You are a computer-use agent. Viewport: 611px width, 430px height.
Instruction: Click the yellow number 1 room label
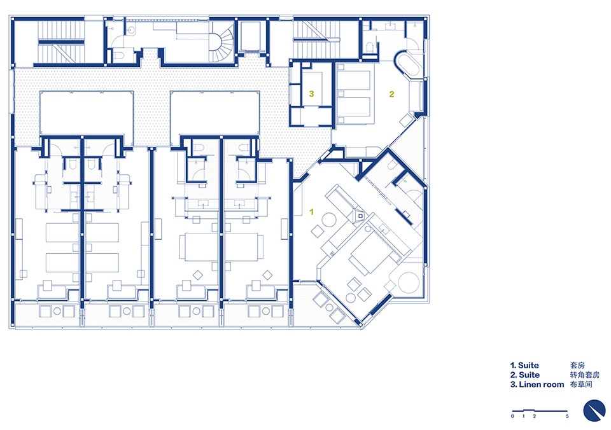[311, 212]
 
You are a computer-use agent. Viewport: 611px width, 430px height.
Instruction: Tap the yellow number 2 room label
[391, 94]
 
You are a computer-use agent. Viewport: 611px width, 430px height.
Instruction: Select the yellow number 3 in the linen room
[311, 94]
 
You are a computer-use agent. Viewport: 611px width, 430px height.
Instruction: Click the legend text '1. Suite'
[524, 365]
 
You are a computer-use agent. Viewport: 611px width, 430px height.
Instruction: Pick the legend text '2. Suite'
[525, 375]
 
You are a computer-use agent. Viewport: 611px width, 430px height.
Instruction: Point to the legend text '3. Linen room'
[537, 385]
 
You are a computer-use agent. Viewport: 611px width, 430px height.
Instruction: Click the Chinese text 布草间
[581, 385]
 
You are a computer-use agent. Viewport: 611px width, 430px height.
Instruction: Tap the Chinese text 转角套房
[585, 375]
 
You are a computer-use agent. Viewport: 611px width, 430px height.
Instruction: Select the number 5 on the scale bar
[567, 417]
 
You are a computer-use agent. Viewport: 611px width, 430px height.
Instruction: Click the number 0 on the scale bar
[512, 417]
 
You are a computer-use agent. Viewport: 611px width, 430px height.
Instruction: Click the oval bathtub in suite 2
[407, 65]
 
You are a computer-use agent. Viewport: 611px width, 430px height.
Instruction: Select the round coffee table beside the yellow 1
[328, 220]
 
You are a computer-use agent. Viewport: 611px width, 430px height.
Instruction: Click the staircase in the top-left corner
[61, 42]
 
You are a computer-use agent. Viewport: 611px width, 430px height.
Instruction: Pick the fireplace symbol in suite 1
[359, 214]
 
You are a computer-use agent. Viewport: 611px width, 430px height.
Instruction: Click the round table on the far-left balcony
[57, 312]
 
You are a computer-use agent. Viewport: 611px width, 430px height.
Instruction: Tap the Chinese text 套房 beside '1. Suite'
[577, 365]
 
